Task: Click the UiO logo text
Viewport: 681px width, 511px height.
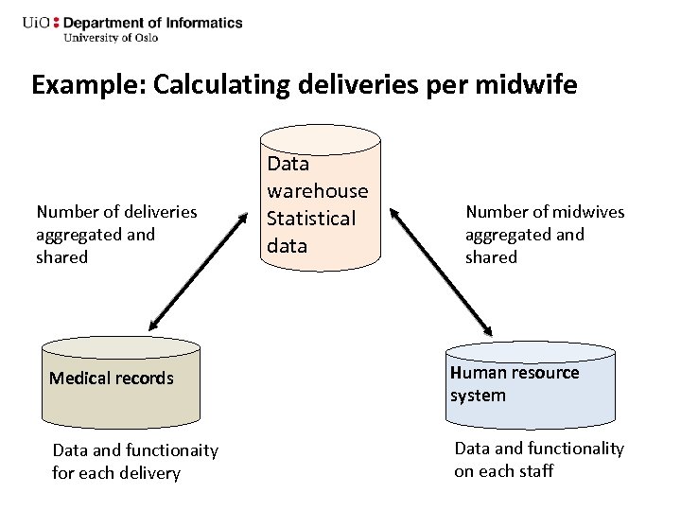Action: [36, 23]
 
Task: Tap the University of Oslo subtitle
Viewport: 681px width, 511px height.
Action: [111, 38]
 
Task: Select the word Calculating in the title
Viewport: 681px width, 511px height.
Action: [220, 85]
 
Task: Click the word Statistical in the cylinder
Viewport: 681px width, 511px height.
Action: [311, 219]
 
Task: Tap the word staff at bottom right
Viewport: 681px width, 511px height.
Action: [536, 471]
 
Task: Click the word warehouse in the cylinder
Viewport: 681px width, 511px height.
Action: [317, 191]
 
